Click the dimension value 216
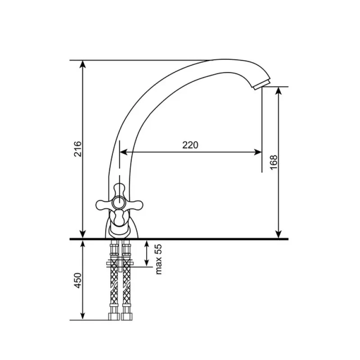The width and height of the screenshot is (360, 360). pos(78,149)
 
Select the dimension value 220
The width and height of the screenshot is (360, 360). pos(190,145)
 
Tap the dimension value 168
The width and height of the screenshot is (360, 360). pos(274,162)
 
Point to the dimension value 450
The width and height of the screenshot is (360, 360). pos(78,280)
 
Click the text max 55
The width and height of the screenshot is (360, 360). pos(158,259)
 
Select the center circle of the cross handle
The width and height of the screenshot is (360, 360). pos(119,203)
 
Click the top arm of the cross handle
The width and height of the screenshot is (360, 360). pos(119,190)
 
